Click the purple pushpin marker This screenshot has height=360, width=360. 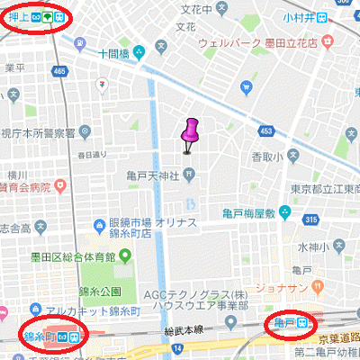pos(189,133)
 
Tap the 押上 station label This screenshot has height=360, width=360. pos(20,17)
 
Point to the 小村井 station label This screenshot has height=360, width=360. pos(321,17)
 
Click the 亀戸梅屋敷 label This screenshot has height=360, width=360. pos(249,213)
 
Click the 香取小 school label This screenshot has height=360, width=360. pos(262,156)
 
